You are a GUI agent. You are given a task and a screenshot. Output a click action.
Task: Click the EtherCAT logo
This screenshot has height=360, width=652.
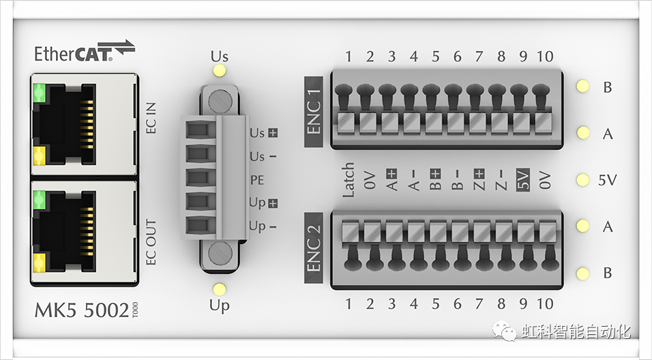[x=85, y=52]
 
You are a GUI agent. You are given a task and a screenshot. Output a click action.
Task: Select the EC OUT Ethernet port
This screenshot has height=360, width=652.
[x=83, y=230]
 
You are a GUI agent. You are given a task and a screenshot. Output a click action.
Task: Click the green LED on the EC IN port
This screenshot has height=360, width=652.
[x=40, y=91]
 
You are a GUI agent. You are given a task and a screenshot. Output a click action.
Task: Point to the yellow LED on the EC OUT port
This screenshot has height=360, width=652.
[x=40, y=261]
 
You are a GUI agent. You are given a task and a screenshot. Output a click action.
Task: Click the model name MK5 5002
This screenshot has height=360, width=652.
[x=82, y=310]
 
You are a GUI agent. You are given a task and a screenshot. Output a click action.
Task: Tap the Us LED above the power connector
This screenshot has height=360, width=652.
[x=220, y=71]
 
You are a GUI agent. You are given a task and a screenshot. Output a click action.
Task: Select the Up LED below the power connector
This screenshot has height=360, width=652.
[x=220, y=289]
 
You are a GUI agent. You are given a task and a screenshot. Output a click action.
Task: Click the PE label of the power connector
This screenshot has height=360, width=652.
[x=257, y=180]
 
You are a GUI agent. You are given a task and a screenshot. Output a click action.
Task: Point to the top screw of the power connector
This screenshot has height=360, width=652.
[x=220, y=102]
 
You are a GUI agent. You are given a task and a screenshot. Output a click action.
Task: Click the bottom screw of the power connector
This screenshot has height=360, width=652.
[x=220, y=253]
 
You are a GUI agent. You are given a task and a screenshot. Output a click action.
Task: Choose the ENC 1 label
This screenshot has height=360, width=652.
[x=314, y=109]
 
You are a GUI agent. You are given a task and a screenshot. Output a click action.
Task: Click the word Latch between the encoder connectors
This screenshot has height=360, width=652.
[x=349, y=180]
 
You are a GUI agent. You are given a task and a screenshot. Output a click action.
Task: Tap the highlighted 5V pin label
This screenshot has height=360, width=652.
[x=523, y=180]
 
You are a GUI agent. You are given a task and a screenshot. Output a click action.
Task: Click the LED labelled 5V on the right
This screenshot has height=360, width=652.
[x=582, y=180]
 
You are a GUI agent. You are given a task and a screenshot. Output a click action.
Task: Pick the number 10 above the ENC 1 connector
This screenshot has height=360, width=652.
[x=545, y=57]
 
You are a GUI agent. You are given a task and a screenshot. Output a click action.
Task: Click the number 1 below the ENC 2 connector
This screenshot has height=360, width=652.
[x=349, y=303]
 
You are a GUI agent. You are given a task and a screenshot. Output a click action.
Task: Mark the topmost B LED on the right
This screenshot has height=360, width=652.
[x=582, y=87]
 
